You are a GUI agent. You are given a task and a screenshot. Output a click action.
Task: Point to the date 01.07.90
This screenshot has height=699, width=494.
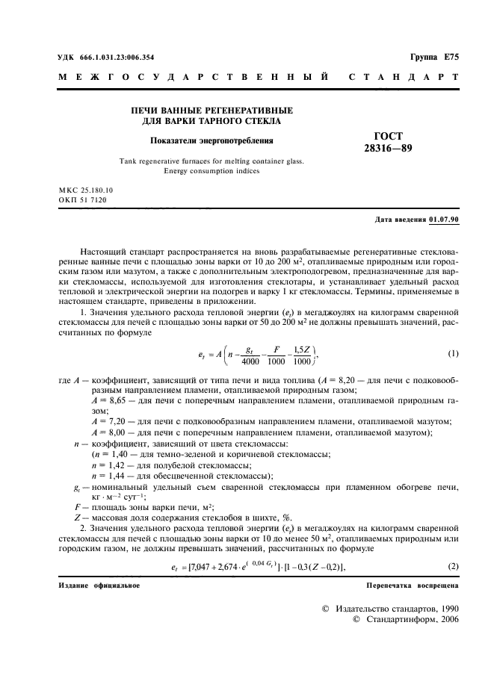[444, 219]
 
